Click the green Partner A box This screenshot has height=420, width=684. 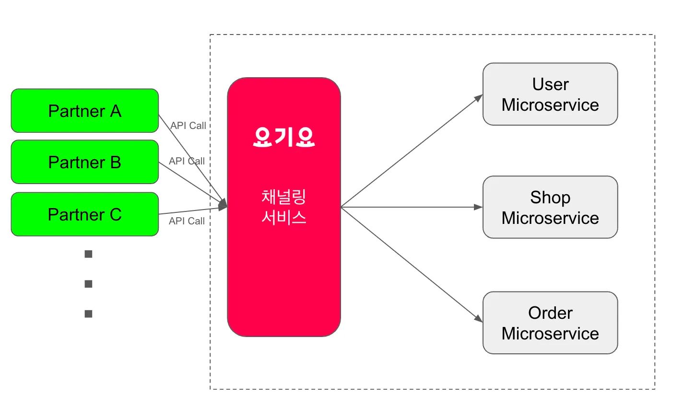coord(84,111)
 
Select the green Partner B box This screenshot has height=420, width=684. coord(84,162)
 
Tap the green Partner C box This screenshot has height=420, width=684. coord(84,214)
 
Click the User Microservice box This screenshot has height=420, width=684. coord(550,94)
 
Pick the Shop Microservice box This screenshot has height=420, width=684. coord(550,207)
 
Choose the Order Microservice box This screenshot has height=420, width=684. coord(550,323)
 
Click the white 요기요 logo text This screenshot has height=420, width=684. coord(283,137)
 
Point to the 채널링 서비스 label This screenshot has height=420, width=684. coord(283,207)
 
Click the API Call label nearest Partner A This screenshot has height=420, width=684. coord(188,126)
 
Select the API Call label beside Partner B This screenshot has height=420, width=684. coord(187,161)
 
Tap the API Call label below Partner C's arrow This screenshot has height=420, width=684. coord(187,221)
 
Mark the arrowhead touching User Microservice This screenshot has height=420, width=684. coord(479,98)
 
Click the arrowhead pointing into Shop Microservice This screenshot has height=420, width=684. coord(478,207)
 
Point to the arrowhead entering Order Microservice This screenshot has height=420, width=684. coord(479,318)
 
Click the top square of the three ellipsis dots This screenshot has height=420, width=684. coord(88,254)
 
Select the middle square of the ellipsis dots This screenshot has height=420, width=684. coord(88,284)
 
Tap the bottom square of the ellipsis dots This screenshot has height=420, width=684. coord(88,314)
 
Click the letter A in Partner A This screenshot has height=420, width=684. coord(116,111)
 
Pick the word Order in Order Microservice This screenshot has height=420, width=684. coord(550,313)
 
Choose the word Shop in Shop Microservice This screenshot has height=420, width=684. coord(550,198)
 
